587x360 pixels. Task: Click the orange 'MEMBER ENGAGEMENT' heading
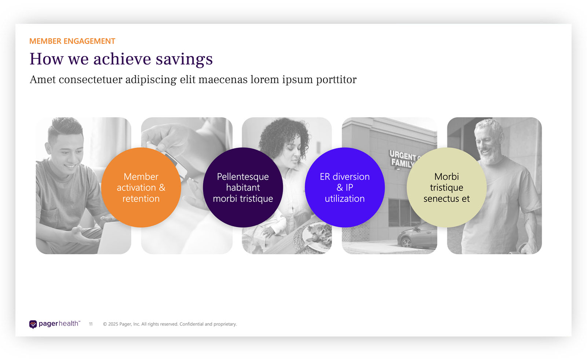click(72, 41)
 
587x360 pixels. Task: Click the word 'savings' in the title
click(184, 59)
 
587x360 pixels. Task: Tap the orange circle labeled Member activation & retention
click(141, 187)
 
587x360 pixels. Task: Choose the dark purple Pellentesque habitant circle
click(243, 187)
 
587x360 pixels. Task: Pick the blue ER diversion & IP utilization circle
click(344, 187)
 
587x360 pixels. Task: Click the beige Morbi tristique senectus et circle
click(446, 187)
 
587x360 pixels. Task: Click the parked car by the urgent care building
click(417, 236)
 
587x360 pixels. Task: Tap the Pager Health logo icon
click(33, 324)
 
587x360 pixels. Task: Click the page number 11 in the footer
click(91, 324)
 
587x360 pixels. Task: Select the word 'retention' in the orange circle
click(141, 199)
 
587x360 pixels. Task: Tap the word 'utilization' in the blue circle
click(344, 199)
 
